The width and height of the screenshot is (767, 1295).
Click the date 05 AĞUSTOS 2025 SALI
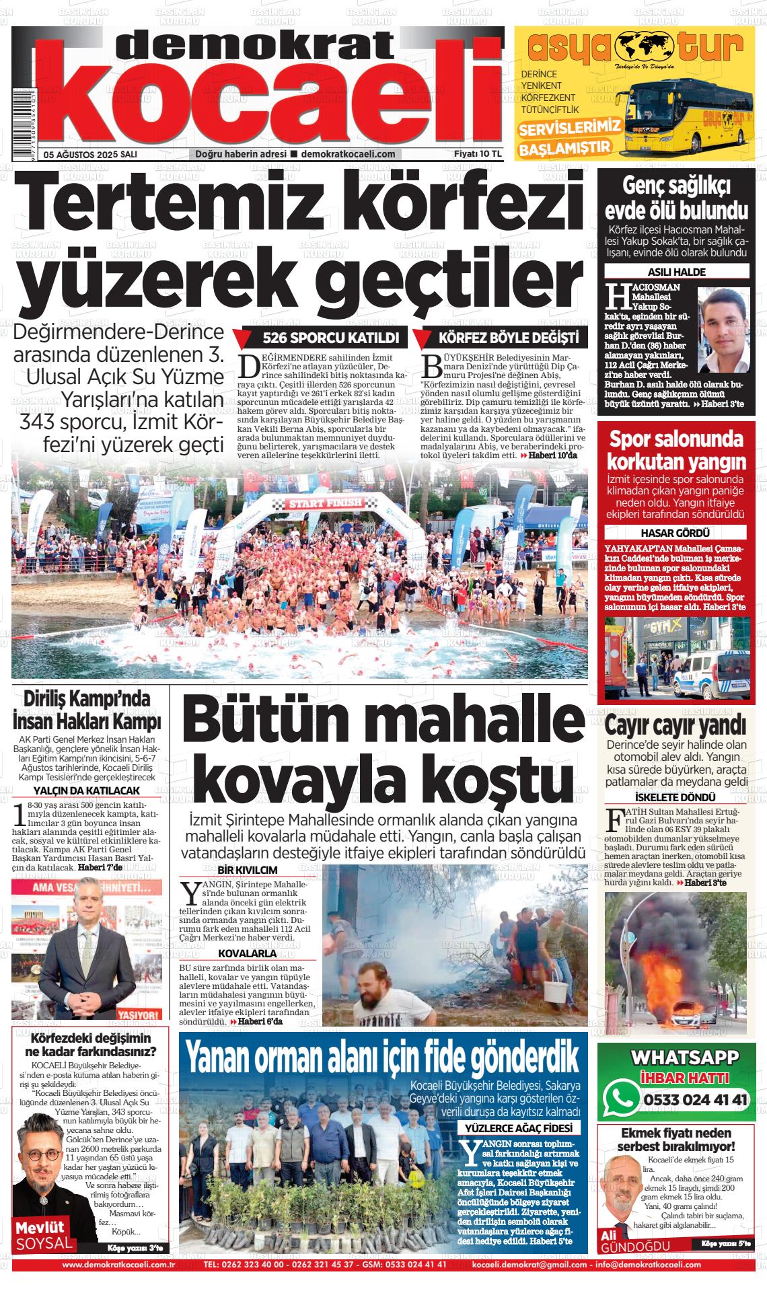[89, 154]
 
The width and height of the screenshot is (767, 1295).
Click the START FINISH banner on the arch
[326, 503]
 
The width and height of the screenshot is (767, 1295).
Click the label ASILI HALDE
[676, 272]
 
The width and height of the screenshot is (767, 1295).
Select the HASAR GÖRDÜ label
[676, 533]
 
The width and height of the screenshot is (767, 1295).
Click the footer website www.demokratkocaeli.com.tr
[118, 1265]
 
